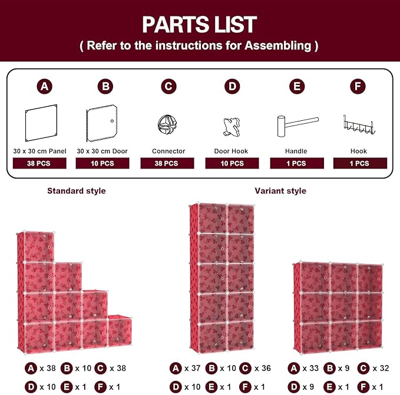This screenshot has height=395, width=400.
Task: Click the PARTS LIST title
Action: coord(199,24)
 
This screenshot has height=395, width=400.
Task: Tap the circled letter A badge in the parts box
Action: coord(44,86)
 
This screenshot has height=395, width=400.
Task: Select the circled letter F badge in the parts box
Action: coord(358,86)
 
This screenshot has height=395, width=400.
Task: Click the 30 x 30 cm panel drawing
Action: coord(41,123)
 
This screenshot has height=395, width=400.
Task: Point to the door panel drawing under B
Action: coord(102,123)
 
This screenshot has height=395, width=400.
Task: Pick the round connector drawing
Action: coord(167,124)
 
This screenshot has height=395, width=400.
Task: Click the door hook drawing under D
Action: coord(232,127)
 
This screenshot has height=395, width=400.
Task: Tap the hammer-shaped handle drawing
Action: coord(297,126)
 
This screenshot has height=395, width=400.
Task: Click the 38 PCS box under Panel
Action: coord(39,163)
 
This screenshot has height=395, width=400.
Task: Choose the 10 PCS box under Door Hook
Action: coord(232,163)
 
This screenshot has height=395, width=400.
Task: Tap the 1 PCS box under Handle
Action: coord(297,163)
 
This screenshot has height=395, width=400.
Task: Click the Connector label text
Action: coord(168,151)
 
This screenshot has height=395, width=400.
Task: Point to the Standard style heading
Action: coord(77,191)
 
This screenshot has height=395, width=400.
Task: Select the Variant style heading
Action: coord(280,191)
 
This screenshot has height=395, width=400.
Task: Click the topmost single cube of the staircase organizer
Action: coord(39,246)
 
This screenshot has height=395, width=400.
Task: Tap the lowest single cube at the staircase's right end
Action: coord(120,331)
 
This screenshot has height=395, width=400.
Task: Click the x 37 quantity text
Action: coord(193,368)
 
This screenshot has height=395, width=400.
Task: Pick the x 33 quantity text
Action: coord(310,368)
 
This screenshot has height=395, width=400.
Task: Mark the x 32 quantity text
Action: coord(381,368)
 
